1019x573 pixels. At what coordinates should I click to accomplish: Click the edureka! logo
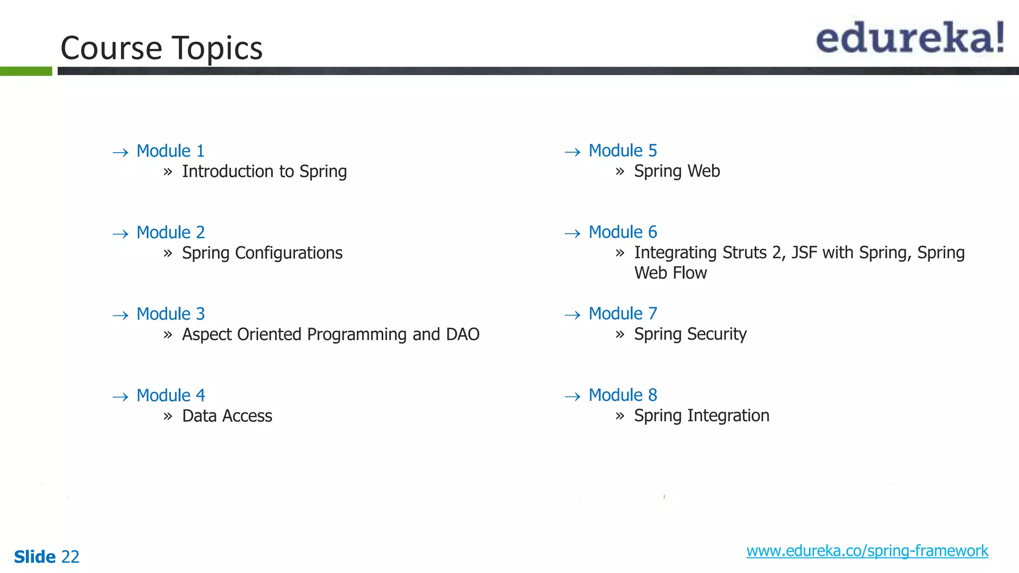[910, 38]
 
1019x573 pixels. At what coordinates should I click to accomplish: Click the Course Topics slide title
[161, 48]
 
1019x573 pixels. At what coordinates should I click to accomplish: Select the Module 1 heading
[170, 151]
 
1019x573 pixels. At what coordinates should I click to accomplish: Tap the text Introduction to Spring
[264, 172]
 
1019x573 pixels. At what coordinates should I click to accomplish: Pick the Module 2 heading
[170, 232]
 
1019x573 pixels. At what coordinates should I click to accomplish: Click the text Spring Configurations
[262, 253]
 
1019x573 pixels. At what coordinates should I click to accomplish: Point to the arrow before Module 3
[120, 315]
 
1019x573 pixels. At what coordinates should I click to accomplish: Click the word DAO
[463, 334]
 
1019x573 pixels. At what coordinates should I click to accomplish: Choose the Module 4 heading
[170, 395]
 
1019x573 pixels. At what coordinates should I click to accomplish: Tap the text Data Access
[227, 416]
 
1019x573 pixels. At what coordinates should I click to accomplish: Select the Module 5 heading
[622, 150]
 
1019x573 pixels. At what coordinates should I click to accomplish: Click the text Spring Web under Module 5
[677, 171]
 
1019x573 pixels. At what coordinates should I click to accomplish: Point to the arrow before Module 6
[573, 233]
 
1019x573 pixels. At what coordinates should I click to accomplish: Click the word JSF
[804, 253]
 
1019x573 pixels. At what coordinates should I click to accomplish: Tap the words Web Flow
[670, 273]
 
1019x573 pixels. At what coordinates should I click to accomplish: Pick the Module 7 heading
[622, 313]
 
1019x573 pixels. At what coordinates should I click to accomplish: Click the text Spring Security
[690, 334]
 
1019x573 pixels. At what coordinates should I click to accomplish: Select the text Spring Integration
[702, 416]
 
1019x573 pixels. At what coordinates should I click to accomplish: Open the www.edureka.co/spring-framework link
[867, 551]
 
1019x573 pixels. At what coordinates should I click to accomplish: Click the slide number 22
[70, 557]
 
